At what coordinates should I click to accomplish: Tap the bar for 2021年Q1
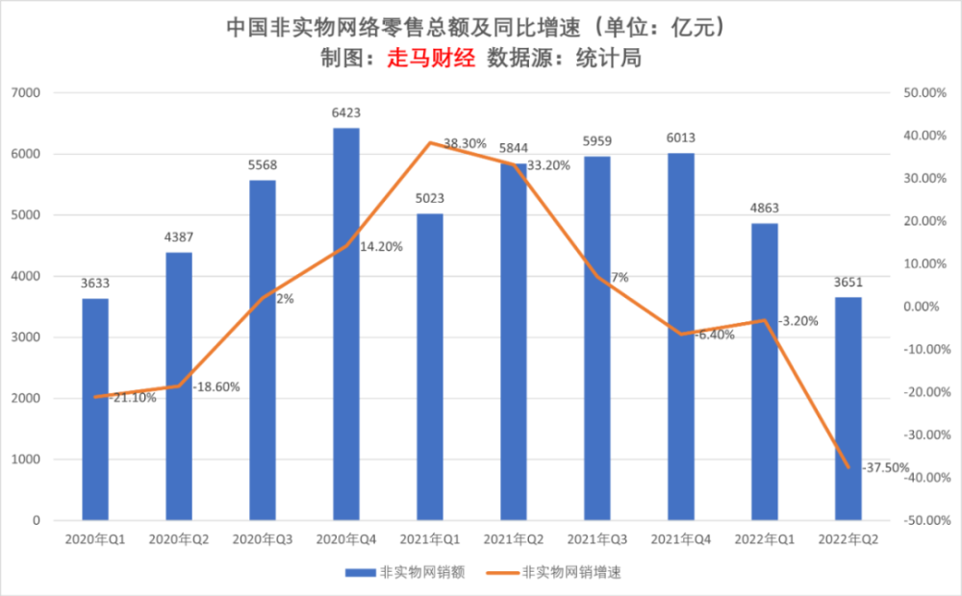(x=430, y=366)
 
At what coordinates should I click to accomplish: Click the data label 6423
(x=346, y=112)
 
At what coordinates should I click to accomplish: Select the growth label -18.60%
(x=216, y=387)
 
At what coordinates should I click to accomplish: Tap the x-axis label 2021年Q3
(x=597, y=540)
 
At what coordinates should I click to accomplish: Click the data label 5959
(x=597, y=141)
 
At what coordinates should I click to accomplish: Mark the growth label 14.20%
(x=381, y=246)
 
